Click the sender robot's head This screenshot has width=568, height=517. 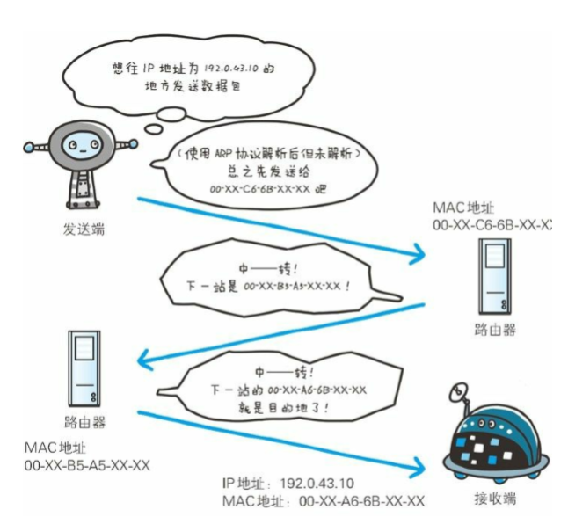tap(77, 144)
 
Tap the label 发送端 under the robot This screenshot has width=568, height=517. tap(81, 229)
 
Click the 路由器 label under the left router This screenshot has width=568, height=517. tap(85, 421)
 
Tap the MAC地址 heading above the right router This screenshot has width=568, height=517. tap(462, 208)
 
